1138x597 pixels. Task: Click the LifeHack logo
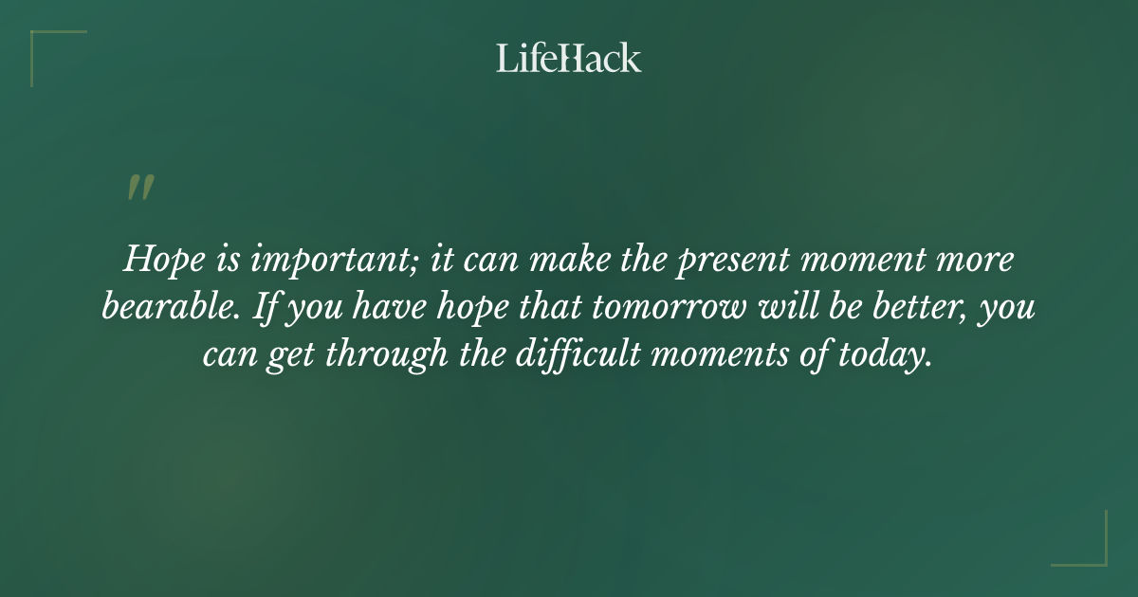click(569, 58)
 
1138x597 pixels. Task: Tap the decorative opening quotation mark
click(139, 188)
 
